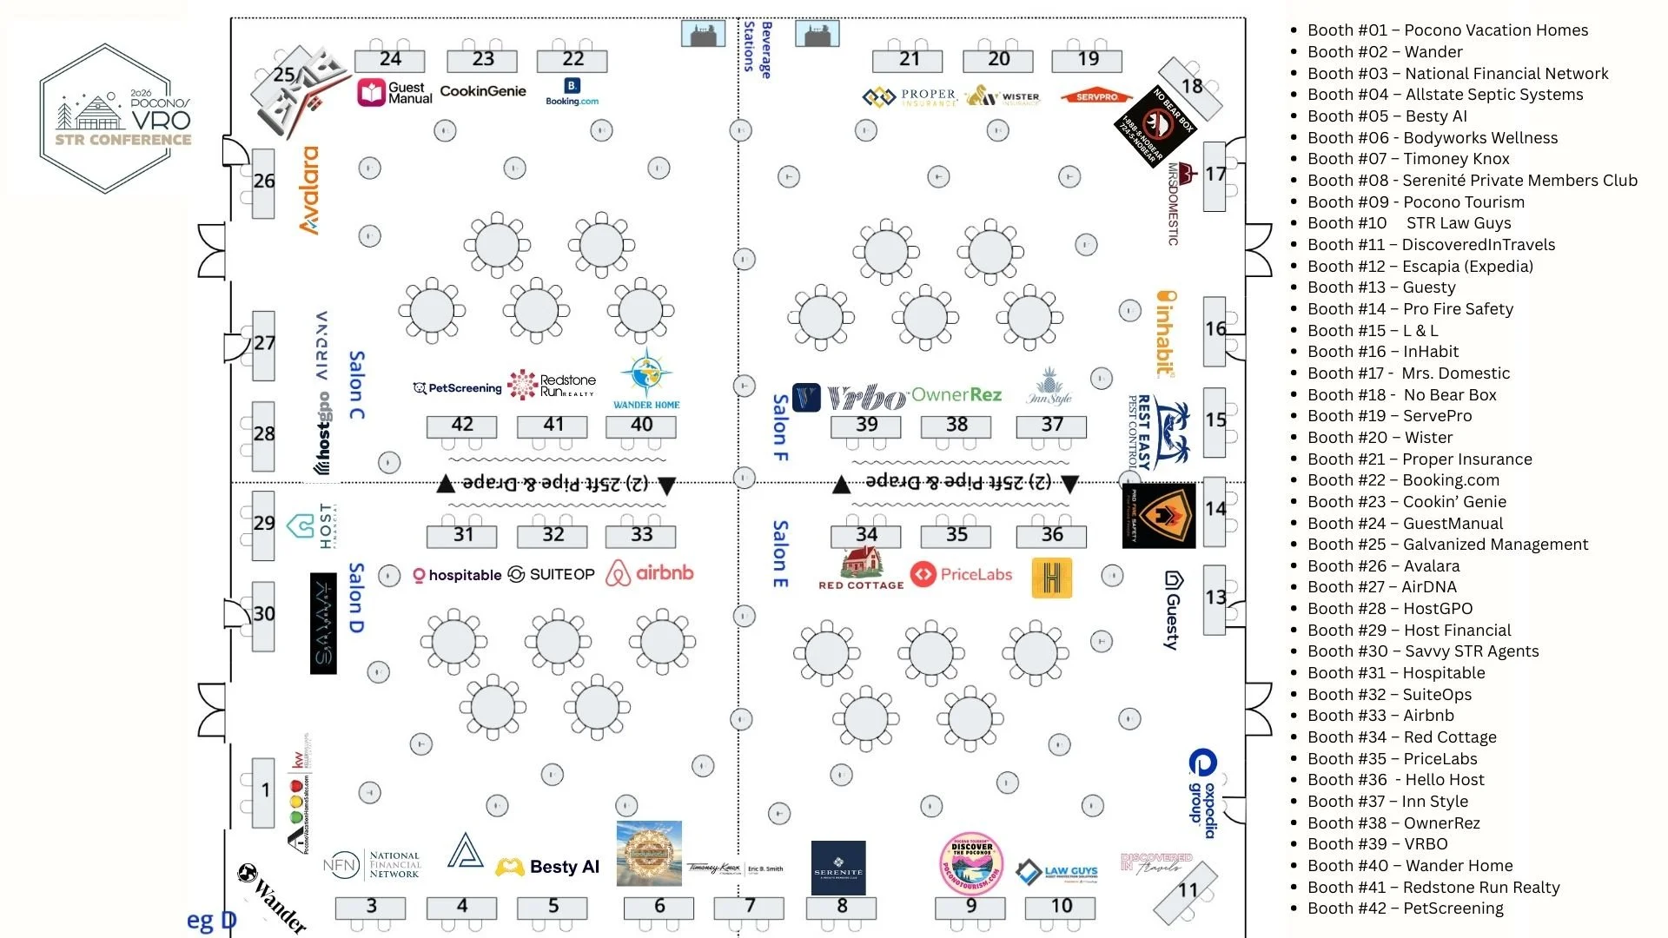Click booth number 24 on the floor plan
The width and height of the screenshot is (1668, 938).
pos(390,60)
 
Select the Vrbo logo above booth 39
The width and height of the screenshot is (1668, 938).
pos(865,397)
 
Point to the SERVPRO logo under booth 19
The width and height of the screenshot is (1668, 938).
pos(1096,96)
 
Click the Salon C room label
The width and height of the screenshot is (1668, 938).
pos(356,385)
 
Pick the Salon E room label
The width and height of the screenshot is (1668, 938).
pos(780,554)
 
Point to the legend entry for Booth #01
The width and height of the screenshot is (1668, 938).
pos(1447,30)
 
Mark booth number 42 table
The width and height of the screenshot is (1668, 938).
pos(462,426)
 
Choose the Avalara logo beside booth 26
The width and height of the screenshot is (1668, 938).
pos(309,190)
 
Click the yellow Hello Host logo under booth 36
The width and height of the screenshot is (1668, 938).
pos(1051,578)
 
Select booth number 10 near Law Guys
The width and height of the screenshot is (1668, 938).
pos(1061,907)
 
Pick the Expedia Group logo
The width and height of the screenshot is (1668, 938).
pos(1203,786)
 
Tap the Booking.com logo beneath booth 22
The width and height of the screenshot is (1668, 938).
pos(572,91)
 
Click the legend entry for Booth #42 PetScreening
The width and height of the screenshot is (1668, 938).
pos(1405,908)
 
